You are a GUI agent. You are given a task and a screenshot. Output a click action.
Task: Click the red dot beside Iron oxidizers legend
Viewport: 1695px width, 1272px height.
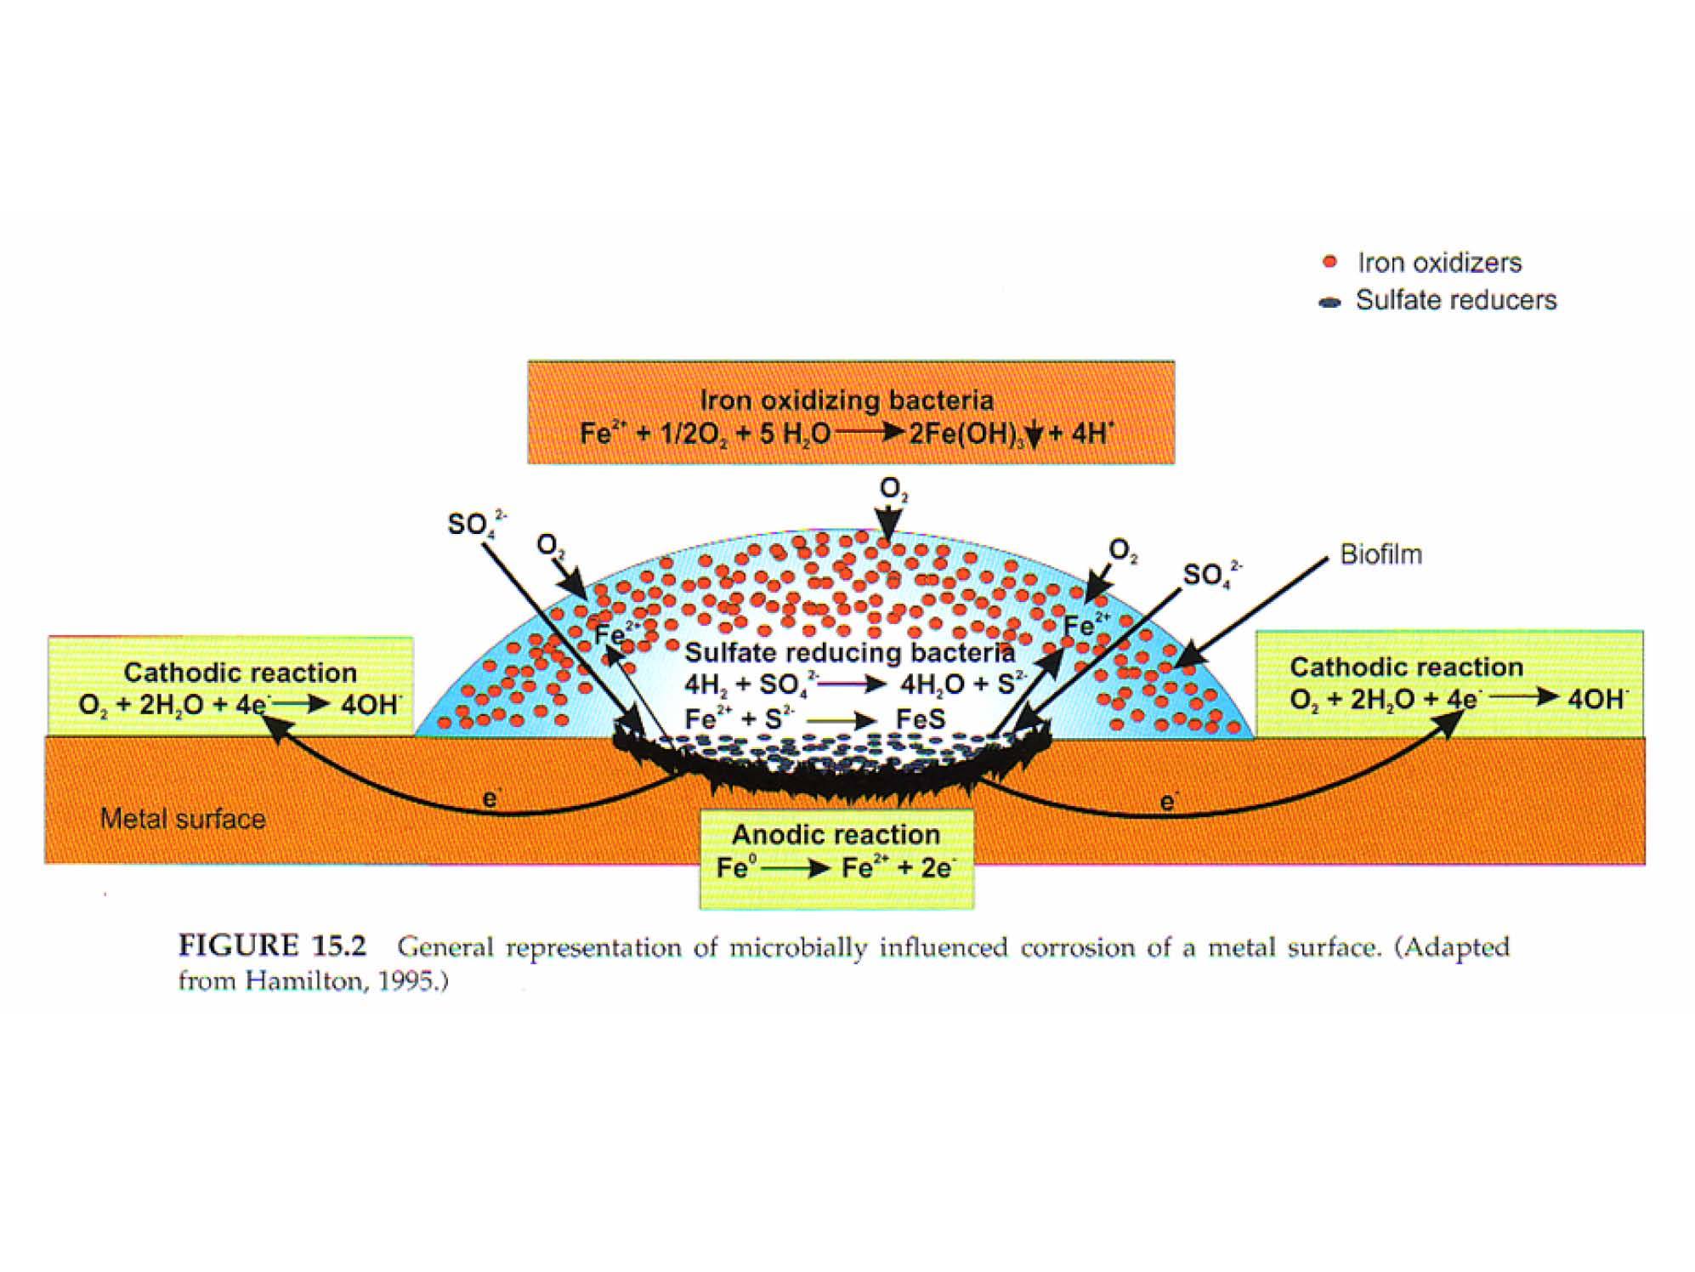coord(1330,262)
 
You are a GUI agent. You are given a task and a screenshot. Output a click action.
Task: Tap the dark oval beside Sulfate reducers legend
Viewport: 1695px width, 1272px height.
coord(1329,302)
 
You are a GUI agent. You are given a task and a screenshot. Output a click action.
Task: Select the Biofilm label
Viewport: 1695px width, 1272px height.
coord(1380,554)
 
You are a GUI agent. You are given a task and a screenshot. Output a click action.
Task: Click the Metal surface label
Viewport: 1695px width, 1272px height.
coord(183,819)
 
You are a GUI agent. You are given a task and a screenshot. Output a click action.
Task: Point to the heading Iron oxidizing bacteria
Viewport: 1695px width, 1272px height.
coord(847,400)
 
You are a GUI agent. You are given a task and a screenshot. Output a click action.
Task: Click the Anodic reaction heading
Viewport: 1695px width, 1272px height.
coord(836,834)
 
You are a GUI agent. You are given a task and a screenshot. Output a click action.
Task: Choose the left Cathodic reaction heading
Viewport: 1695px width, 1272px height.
coord(241,673)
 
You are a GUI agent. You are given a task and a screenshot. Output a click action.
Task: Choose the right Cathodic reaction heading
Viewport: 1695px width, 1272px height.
coord(1407,667)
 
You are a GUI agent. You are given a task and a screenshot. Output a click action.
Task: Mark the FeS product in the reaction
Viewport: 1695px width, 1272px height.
coord(921,719)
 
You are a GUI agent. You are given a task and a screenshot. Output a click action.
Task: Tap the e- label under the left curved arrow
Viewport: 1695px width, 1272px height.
coord(490,799)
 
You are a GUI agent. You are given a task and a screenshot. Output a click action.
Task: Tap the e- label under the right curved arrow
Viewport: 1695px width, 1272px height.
coord(1170,801)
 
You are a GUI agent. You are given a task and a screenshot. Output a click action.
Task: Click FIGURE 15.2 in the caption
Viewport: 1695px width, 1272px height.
coord(272,945)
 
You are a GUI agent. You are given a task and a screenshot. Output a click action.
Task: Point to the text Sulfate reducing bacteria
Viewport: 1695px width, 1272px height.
coord(850,652)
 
